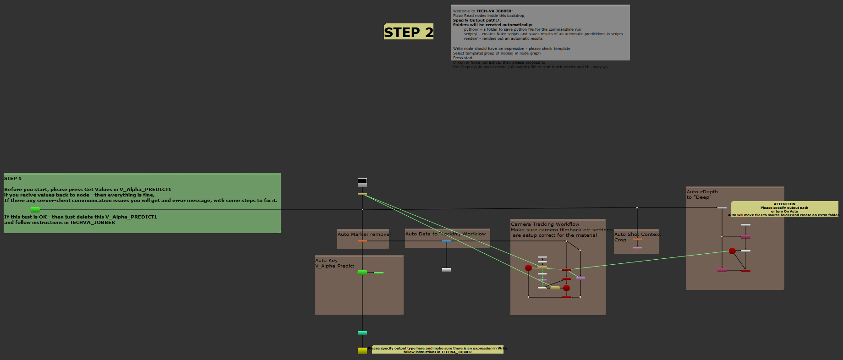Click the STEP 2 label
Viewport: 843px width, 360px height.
tap(408, 32)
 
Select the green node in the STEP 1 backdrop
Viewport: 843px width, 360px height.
tap(35, 209)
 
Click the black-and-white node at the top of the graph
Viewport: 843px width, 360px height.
tap(362, 182)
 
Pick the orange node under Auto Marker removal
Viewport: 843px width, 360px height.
tap(362, 241)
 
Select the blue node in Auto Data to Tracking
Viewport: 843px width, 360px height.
tap(447, 241)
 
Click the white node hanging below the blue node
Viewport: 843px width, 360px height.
tap(447, 270)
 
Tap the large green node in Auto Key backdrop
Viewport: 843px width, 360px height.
tap(362, 273)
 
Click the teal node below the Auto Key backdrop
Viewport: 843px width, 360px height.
tap(362, 333)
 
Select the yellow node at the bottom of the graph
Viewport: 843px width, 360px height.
tap(362, 350)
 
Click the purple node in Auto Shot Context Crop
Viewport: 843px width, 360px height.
tap(637, 248)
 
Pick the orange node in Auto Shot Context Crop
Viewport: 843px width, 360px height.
tap(637, 240)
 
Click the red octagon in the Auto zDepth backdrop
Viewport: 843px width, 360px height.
tap(732, 251)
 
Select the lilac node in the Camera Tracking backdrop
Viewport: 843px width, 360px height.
tap(580, 278)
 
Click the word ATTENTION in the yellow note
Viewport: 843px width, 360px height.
tap(784, 204)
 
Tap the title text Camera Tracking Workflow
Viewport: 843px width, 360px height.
tap(545, 224)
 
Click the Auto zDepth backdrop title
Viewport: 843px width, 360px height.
tap(702, 194)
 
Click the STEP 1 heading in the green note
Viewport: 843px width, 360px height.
tap(13, 178)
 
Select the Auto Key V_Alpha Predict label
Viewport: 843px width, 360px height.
tap(334, 263)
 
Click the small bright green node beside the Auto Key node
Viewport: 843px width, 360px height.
tap(379, 273)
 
